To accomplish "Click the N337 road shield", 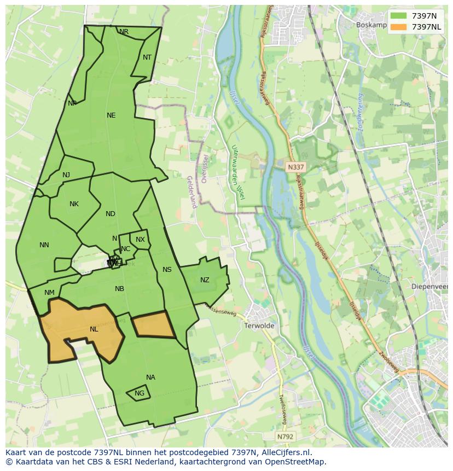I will click(x=295, y=166).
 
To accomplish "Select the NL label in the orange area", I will click(x=94, y=329).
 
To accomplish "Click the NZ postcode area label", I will click(x=205, y=280).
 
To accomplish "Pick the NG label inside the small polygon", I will click(x=140, y=393).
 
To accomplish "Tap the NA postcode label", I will click(x=150, y=377).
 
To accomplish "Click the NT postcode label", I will click(x=147, y=57).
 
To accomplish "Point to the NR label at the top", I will click(x=124, y=32).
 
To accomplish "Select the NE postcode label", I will click(x=111, y=115).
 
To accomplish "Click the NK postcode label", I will click(x=74, y=204).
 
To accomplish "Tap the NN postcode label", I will click(x=44, y=245).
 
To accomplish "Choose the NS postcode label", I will click(x=167, y=270).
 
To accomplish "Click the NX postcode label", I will click(x=140, y=240).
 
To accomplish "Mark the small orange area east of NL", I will click(x=153, y=325).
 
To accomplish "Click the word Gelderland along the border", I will click(x=191, y=192).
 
